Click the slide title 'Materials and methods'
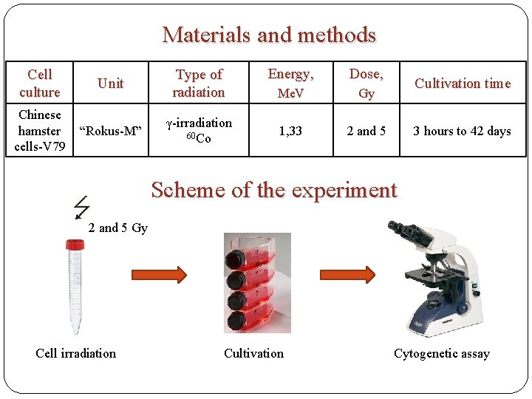(x=269, y=35)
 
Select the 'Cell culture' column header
(x=40, y=83)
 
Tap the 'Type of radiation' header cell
(x=199, y=83)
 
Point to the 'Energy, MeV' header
(x=290, y=83)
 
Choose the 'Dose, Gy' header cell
(x=366, y=83)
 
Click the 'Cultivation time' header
(x=463, y=83)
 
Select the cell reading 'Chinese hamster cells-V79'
(x=40, y=131)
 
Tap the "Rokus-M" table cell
(x=110, y=131)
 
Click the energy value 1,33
(x=290, y=131)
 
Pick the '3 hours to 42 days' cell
(x=462, y=131)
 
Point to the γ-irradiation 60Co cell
(x=199, y=130)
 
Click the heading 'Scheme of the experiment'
(x=273, y=190)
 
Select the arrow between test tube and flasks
(x=157, y=275)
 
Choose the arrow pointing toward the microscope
(x=347, y=275)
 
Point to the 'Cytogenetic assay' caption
(x=441, y=353)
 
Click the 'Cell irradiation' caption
(x=75, y=353)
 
